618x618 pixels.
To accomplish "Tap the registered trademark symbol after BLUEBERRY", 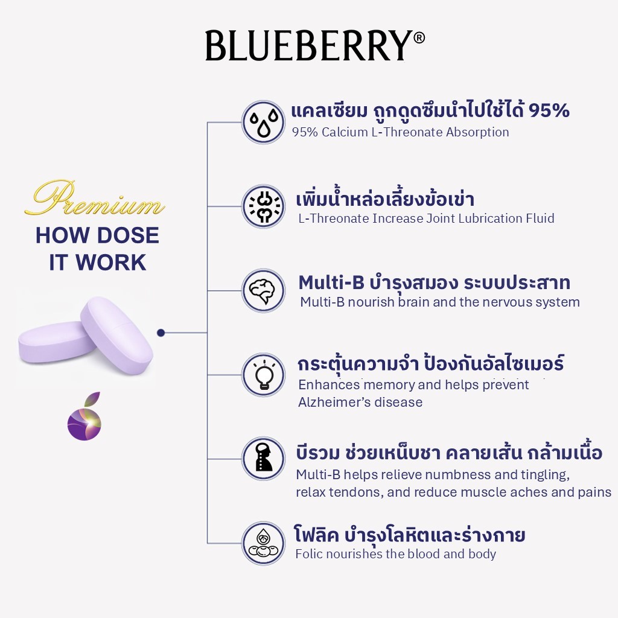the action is pyautogui.click(x=419, y=38).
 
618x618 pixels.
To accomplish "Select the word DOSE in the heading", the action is pyautogui.click(x=128, y=235).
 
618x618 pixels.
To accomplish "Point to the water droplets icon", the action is pyautogui.click(x=263, y=122).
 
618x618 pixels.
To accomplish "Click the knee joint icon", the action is pyautogui.click(x=263, y=206).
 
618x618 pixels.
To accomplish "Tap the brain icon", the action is pyautogui.click(x=263, y=290).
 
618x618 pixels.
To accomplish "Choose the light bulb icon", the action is pyautogui.click(x=263, y=375).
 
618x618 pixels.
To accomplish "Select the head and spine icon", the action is pyautogui.click(x=263, y=459).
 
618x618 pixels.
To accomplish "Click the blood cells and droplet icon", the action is pyautogui.click(x=263, y=544).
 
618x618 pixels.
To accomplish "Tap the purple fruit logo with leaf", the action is pyautogui.click(x=84, y=416).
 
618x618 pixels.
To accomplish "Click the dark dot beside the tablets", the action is pyautogui.click(x=161, y=333).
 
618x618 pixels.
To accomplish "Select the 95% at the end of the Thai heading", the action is pyautogui.click(x=549, y=111).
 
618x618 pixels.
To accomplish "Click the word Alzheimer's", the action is pyautogui.click(x=360, y=403).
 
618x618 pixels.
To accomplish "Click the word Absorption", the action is pyautogui.click(x=477, y=132).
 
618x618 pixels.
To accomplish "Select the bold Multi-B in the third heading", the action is pyautogui.click(x=331, y=282).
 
